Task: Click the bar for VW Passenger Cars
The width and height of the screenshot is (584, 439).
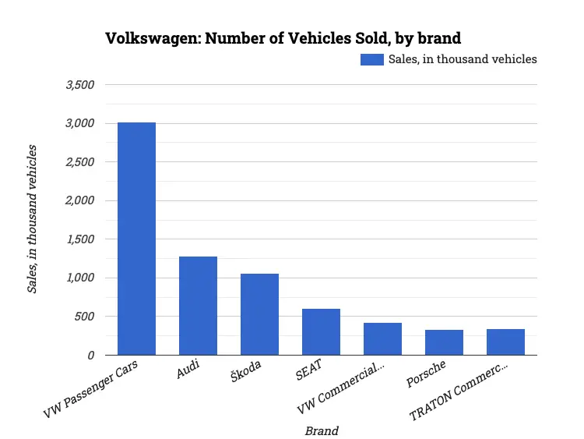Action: click(x=136, y=239)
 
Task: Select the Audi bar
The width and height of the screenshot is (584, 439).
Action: click(x=198, y=306)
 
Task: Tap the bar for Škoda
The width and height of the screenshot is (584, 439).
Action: click(x=259, y=314)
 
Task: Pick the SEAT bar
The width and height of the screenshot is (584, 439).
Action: click(x=321, y=332)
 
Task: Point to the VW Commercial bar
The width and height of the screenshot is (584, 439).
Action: click(x=382, y=339)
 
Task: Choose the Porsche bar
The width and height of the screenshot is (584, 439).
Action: click(x=444, y=342)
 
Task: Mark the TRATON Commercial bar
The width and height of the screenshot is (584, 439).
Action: click(x=505, y=342)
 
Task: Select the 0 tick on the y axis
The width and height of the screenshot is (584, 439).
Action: click(x=90, y=356)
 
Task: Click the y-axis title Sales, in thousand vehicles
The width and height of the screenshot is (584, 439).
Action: click(x=33, y=221)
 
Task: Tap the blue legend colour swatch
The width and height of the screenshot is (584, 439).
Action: click(x=371, y=59)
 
